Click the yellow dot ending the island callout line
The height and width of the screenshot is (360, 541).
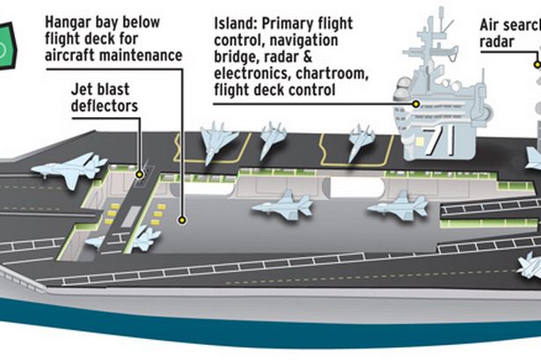point(416,103)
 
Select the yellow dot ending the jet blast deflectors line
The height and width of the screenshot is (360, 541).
point(140,176)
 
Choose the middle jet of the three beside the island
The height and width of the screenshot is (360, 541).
point(272,139)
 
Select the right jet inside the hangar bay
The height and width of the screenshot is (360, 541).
point(398,206)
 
